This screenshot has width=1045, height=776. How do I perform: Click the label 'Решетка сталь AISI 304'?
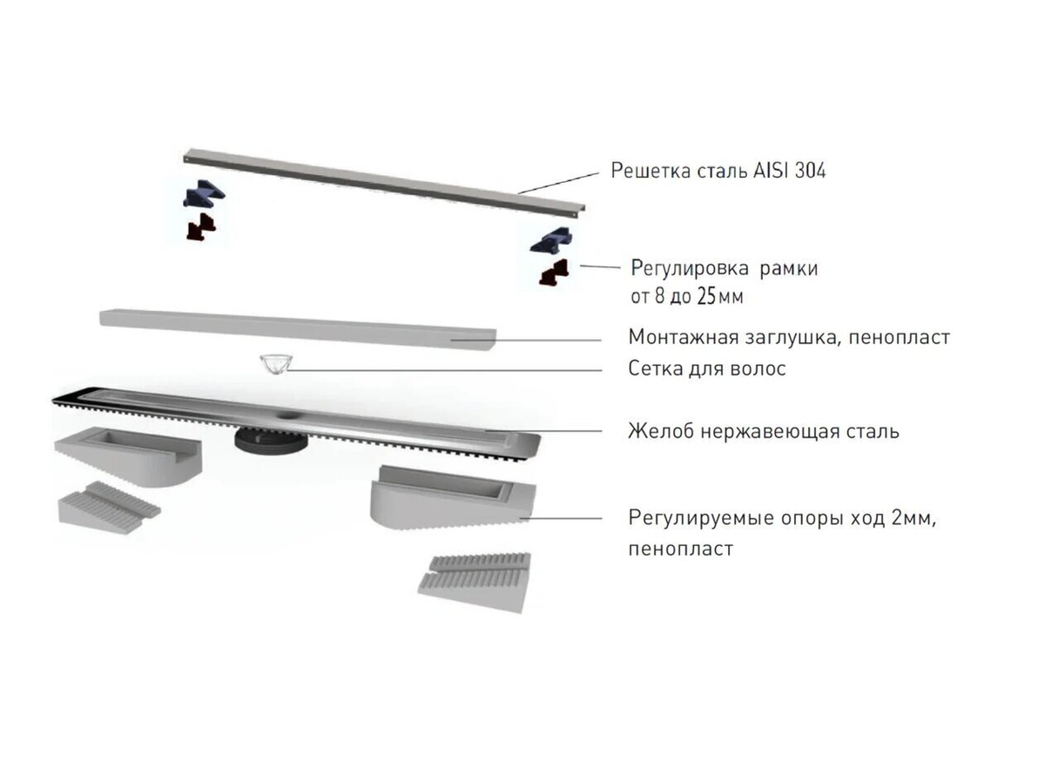718,170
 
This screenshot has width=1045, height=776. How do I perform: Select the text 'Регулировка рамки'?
724,268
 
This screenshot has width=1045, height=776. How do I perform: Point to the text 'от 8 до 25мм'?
686,296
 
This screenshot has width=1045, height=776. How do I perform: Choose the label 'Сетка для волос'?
707,369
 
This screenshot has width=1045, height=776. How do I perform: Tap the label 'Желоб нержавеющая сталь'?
764,431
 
